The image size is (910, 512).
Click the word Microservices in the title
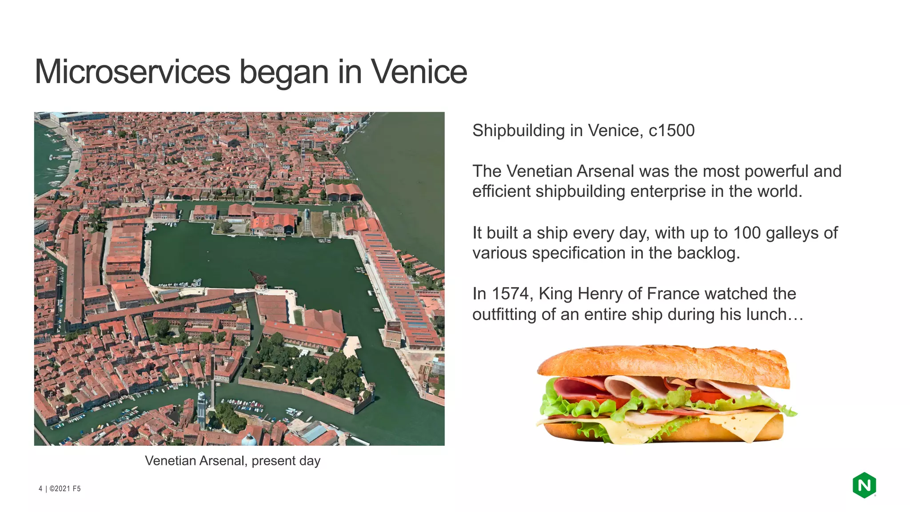(132, 72)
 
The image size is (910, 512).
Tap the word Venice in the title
(419, 72)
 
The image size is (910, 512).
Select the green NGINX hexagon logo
(864, 485)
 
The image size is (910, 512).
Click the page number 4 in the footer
(40, 488)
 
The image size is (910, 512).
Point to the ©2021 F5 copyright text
(65, 488)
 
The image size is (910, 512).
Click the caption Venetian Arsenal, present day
(232, 460)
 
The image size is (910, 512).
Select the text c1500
(671, 131)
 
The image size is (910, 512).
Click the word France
(673, 294)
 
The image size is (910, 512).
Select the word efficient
(501, 192)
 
